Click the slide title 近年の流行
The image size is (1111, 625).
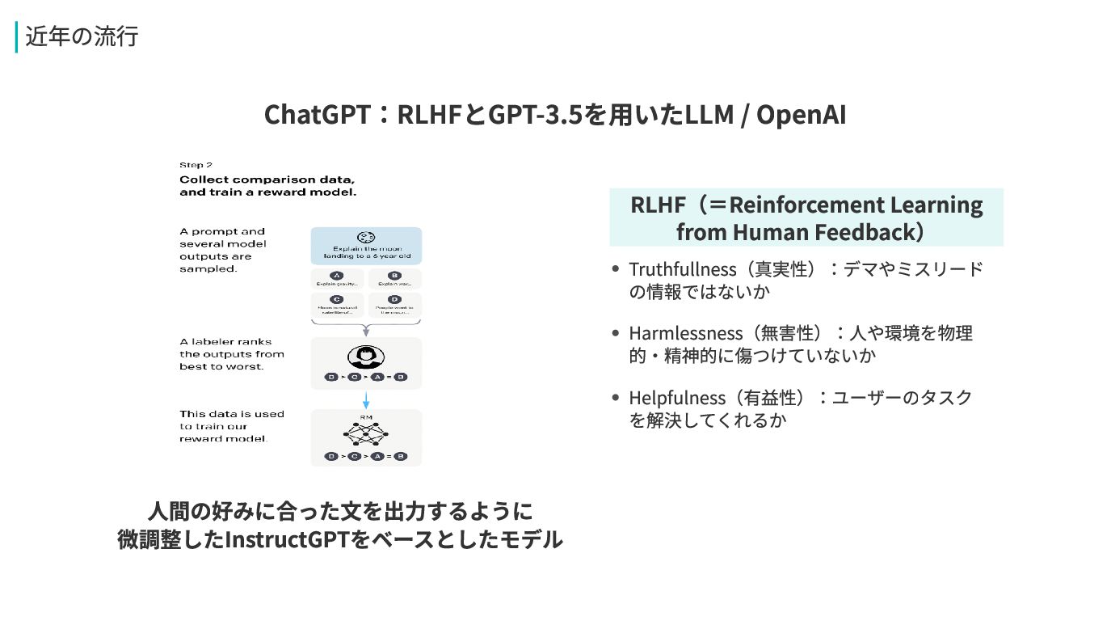(82, 37)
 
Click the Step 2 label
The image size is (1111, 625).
(196, 165)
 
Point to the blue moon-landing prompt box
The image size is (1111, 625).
(366, 246)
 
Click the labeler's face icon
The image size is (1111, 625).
(365, 357)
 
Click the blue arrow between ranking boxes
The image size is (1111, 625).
(366, 399)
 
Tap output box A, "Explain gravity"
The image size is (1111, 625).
(338, 280)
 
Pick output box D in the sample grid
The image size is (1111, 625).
(394, 304)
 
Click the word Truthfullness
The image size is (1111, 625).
(683, 269)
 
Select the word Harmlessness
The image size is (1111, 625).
(685, 333)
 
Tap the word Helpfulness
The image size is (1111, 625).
(677, 398)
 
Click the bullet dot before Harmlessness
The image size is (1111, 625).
(616, 333)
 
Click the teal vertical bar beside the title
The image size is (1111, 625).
(16, 37)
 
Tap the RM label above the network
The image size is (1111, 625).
(366, 417)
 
